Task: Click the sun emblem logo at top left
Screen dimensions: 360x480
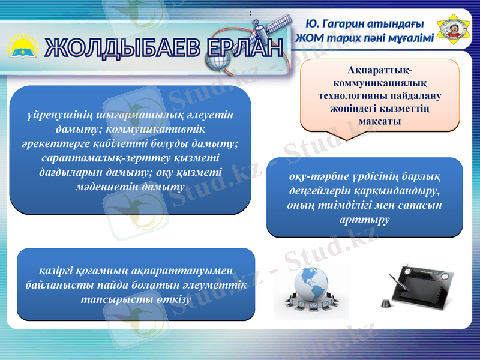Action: (x=22, y=47)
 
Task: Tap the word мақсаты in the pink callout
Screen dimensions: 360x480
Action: (x=379, y=122)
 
